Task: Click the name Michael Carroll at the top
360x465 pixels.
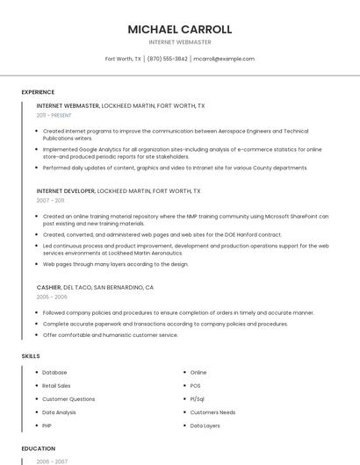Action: tap(180, 29)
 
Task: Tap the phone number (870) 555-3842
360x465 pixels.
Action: tap(167, 59)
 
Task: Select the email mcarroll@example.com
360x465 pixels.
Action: tap(224, 59)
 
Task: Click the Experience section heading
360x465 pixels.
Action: tap(38, 92)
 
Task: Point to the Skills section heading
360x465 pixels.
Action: tap(30, 356)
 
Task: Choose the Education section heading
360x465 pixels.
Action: tap(38, 447)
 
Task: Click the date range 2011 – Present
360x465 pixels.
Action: tap(54, 115)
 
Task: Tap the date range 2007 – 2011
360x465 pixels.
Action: tap(51, 200)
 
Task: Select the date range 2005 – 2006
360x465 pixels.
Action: tap(52, 297)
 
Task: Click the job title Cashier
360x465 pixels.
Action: tap(48, 287)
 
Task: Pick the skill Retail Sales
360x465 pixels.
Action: tap(56, 385)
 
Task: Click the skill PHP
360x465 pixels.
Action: tap(47, 425)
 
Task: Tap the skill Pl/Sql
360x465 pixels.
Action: tap(198, 398)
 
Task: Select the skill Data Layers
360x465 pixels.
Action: tap(205, 425)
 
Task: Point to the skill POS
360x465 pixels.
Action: tap(196, 385)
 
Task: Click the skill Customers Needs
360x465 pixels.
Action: tap(212, 411)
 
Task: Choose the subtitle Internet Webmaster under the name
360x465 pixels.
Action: tap(180, 41)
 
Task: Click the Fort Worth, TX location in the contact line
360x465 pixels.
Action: tap(124, 59)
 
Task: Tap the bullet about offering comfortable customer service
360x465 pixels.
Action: tap(110, 334)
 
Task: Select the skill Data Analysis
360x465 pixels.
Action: tap(59, 411)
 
